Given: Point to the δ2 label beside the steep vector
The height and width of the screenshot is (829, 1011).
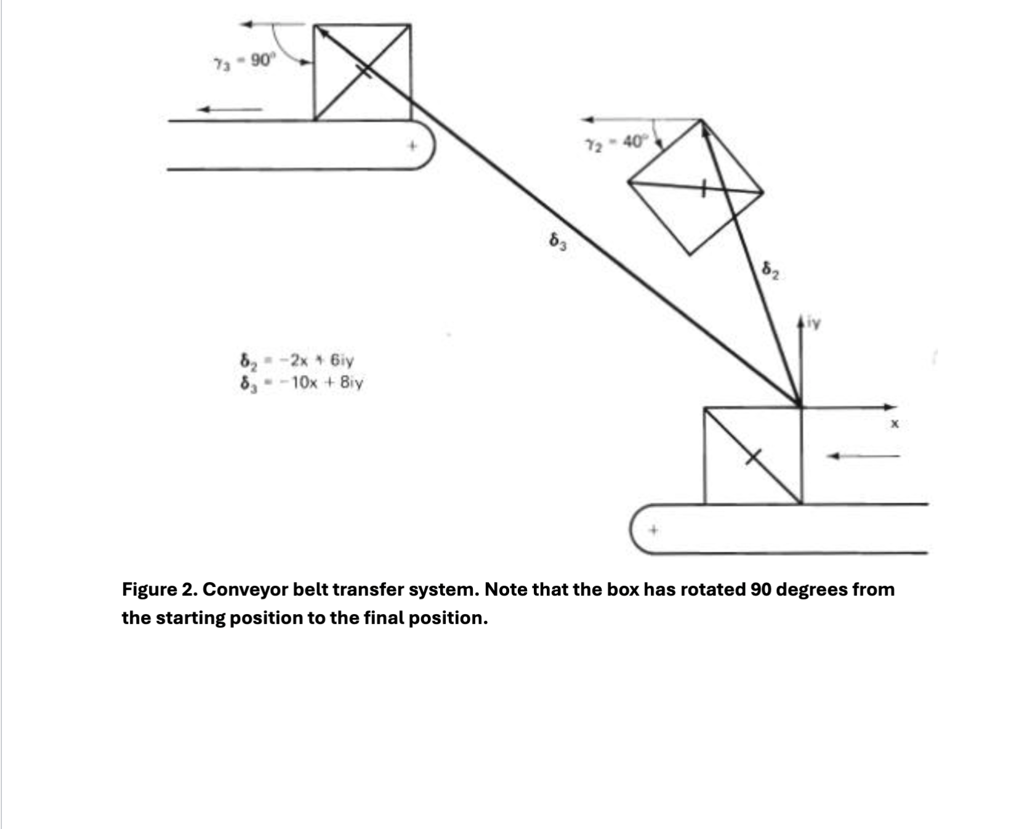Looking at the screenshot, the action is pos(770,270).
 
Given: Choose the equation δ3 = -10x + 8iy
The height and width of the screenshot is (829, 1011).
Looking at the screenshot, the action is pos(302,383).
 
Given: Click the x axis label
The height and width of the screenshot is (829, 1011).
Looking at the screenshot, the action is pos(895,424).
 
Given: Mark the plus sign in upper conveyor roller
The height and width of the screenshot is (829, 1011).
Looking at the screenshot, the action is pos(414,146).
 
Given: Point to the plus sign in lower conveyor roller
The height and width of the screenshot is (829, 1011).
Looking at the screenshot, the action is pos(654,530).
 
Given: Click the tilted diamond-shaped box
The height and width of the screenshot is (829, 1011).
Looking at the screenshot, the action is pos(696,187).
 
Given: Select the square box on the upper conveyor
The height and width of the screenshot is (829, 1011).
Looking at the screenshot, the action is pos(362,72).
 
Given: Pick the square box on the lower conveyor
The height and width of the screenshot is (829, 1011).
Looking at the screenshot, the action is pos(752,456).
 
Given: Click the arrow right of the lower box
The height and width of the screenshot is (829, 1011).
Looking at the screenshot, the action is pos(863,456).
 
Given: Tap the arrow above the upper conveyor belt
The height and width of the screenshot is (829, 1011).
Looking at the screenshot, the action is pos(229,110).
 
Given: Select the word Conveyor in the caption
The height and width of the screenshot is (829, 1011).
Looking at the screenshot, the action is pos(244,589).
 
